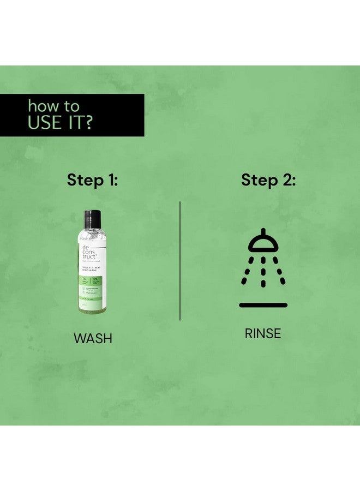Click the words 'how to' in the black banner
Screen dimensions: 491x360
[x=53, y=105]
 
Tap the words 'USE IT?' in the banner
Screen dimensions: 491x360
[x=59, y=122]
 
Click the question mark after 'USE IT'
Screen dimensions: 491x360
[x=86, y=122]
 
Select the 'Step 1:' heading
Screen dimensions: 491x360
[x=92, y=179]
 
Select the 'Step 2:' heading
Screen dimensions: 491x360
[x=268, y=179]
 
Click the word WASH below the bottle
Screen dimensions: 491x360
[x=93, y=338]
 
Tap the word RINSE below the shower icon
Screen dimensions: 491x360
[x=263, y=333]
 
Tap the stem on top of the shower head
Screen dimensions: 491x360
[x=263, y=231]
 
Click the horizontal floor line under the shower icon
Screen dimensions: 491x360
[x=263, y=305]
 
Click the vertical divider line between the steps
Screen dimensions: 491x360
[x=180, y=261]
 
